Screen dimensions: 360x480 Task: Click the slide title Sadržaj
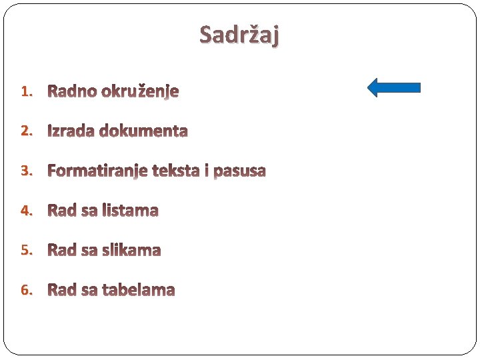pyautogui.click(x=240, y=34)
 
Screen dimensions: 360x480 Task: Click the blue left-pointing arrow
pyautogui.click(x=394, y=87)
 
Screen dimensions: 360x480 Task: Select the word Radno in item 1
pyautogui.click(x=72, y=91)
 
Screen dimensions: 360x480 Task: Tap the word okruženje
pyautogui.click(x=140, y=92)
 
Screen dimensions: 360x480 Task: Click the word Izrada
pyautogui.click(x=71, y=131)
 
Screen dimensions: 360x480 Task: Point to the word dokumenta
pyautogui.click(x=144, y=131)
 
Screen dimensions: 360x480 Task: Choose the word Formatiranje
pyautogui.click(x=98, y=171)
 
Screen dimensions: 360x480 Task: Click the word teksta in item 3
pyautogui.click(x=177, y=171)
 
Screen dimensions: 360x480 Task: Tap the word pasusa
pyautogui.click(x=239, y=171)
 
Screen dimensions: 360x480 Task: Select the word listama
pyautogui.click(x=130, y=211)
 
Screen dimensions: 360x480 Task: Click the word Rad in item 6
pyautogui.click(x=62, y=290)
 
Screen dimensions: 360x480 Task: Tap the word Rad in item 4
pyautogui.click(x=62, y=211)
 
